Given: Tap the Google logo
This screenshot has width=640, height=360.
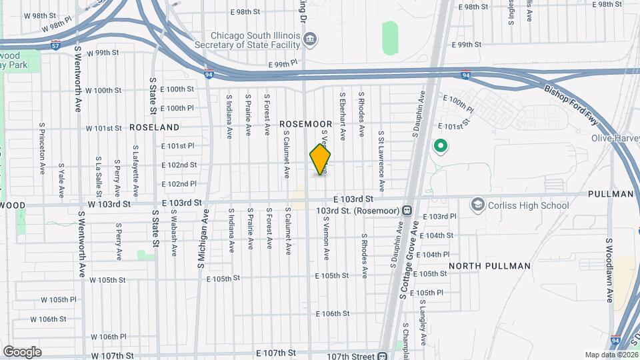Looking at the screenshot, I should click(x=22, y=351).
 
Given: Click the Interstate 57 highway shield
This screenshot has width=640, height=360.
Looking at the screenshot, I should click(x=56, y=46).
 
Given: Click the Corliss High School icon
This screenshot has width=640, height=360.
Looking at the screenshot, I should click(x=477, y=205).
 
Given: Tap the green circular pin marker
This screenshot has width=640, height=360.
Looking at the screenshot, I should click(x=439, y=145).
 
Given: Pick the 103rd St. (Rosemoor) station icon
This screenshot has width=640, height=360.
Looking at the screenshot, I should click(x=406, y=211).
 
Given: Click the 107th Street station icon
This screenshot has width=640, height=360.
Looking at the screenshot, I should click(x=383, y=355).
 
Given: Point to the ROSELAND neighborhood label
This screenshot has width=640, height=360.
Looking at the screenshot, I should click(x=154, y=127).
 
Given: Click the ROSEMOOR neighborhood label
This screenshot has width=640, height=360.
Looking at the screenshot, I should click(x=305, y=124).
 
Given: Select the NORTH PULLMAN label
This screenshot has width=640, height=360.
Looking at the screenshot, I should click(x=489, y=266).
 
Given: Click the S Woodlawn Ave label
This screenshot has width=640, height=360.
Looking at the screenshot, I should click(x=609, y=270).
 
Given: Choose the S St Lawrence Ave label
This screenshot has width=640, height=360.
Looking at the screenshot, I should click(x=381, y=161).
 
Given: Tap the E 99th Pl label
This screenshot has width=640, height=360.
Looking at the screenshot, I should click(x=284, y=65).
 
